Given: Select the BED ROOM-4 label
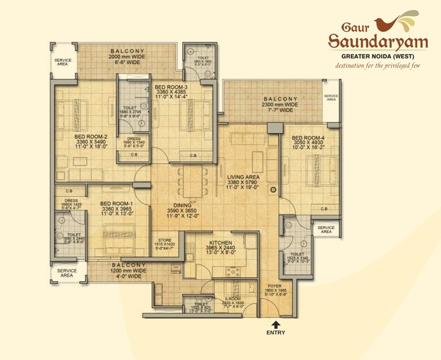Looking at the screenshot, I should pyautogui.click(x=308, y=138).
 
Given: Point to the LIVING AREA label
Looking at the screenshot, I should pyautogui.click(x=243, y=177).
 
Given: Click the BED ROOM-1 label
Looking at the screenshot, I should pyautogui.click(x=116, y=204).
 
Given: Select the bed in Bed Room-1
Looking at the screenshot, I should pyautogui.click(x=119, y=235).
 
